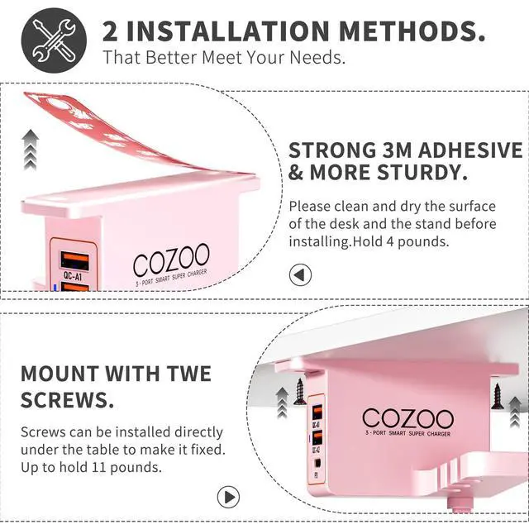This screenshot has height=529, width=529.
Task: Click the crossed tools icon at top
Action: click(54, 41)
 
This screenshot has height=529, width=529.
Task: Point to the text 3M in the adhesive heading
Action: click(396, 150)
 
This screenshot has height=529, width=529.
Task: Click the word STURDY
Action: click(422, 173)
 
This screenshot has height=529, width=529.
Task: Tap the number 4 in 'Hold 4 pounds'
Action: click(390, 242)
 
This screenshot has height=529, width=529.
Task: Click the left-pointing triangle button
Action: click(300, 275)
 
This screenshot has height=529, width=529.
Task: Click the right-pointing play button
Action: click(228, 497)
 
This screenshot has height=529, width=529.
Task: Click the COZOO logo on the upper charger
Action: click(171, 259)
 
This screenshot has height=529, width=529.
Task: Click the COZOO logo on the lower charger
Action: click(407, 419)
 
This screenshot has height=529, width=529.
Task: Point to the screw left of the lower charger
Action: click(299, 391)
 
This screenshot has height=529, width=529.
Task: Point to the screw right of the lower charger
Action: click(498, 396)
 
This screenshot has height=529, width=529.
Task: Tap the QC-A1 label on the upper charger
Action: click(73, 276)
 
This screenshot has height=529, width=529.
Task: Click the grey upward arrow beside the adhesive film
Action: click(31, 150)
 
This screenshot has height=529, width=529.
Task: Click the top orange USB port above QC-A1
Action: click(75, 261)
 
